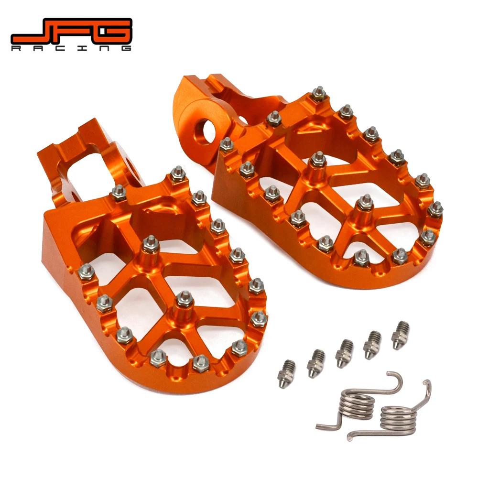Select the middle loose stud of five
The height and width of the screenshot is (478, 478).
click(x=344, y=353)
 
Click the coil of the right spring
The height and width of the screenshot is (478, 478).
click(x=398, y=418)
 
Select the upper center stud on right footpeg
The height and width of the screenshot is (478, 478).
click(x=317, y=161)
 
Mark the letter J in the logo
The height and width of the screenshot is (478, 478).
click(x=30, y=31)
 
